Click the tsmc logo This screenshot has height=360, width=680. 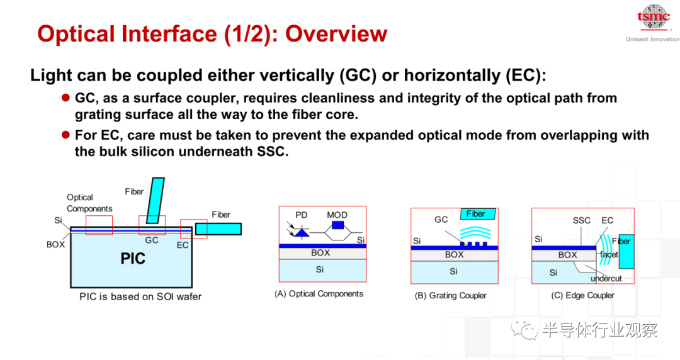click(x=654, y=17)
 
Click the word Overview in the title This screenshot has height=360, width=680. click(x=336, y=34)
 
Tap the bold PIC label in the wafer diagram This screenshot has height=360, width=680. click(x=133, y=259)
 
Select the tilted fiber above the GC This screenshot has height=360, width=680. click(x=156, y=200)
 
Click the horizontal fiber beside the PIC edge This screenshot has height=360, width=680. click(x=218, y=229)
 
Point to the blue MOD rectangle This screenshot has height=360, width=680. click(x=337, y=225)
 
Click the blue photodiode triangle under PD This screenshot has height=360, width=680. click(x=302, y=233)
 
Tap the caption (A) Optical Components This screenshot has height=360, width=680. click(x=319, y=294)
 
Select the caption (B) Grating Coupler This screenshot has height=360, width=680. click(x=451, y=295)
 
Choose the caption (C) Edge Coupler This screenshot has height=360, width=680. click(x=583, y=295)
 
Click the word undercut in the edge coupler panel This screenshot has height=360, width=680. click(x=606, y=278)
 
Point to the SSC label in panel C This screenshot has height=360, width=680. click(x=581, y=220)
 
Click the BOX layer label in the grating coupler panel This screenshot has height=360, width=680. click(x=454, y=255)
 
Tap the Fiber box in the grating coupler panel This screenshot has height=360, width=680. click(x=477, y=214)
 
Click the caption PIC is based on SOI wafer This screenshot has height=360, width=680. click(x=140, y=296)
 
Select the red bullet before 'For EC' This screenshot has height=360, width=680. click(x=66, y=135)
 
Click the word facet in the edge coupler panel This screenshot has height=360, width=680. click(x=609, y=255)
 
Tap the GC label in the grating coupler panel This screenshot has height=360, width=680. click(x=441, y=220)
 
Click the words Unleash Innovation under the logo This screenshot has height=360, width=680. click(x=653, y=39)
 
